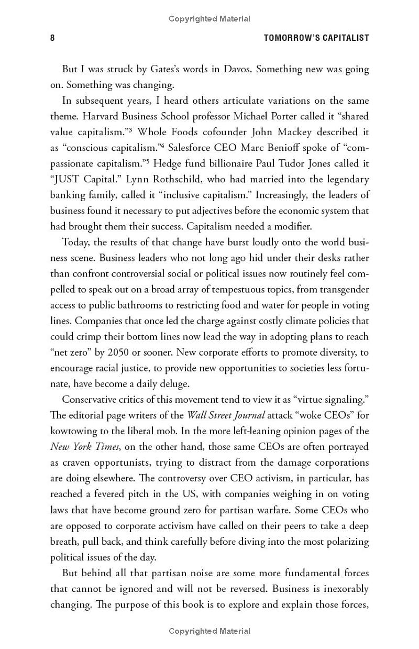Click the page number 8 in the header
pyautogui.click(x=52, y=38)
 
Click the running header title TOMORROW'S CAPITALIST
pyautogui.click(x=316, y=38)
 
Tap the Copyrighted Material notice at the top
pyautogui.click(x=210, y=19)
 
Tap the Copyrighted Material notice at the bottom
pyautogui.click(x=210, y=631)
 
